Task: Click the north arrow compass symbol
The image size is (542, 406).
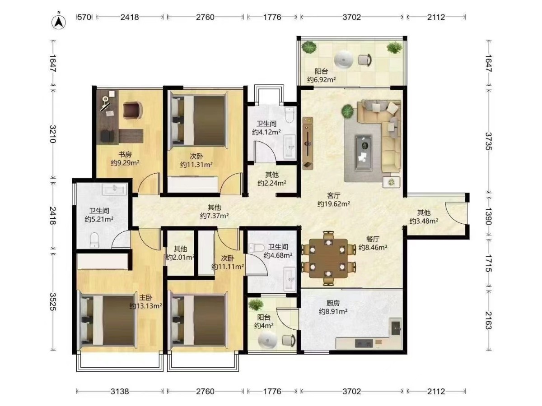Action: coord(59,22)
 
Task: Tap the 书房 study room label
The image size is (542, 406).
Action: coord(125,155)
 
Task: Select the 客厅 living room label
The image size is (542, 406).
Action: coord(333,195)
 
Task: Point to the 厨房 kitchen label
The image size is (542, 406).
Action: coord(333,303)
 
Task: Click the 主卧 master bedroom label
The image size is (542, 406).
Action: coord(145,298)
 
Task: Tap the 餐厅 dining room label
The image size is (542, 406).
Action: coord(373,239)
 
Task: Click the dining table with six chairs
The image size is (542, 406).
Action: coord(328,258)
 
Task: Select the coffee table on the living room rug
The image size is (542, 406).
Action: coord(363,152)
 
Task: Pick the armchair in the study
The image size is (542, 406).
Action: coord(133,110)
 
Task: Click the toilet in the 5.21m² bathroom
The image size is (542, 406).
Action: coord(94,240)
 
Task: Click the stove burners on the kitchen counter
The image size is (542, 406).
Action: coord(364,343)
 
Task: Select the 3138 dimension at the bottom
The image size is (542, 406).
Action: coord(120,391)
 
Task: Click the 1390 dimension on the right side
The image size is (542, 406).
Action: coord(488,217)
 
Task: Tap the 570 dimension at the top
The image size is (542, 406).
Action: coord(84,17)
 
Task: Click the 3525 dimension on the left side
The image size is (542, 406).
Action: coord(52,301)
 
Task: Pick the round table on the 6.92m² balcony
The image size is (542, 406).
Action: coord(343,60)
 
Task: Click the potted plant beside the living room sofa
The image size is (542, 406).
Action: coord(347,111)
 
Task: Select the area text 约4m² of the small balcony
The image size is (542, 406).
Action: coord(264,325)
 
